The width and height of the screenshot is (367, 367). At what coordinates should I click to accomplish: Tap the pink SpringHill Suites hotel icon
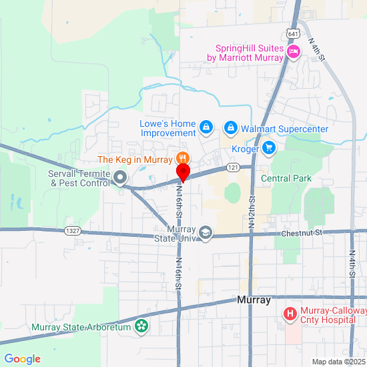(292, 53)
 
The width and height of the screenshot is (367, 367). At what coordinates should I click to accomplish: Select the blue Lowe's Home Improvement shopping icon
(207, 126)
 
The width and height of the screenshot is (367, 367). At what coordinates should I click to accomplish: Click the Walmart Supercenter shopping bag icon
(230, 126)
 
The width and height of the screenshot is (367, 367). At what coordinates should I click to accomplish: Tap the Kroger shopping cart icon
(269, 147)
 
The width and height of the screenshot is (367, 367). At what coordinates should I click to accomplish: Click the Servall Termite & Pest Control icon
(120, 177)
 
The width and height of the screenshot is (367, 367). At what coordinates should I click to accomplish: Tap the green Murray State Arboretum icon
(141, 326)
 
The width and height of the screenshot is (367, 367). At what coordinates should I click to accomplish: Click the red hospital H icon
(290, 313)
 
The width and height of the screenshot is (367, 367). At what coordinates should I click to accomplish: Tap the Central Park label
(286, 179)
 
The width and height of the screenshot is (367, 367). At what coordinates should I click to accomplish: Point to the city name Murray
(254, 300)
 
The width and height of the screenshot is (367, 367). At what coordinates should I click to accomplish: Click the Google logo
(21, 359)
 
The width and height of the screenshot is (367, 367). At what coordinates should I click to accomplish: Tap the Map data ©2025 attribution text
(339, 362)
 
